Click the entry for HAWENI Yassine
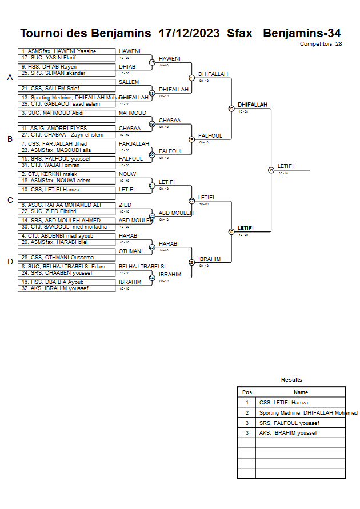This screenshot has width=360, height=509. (x=66, y=51)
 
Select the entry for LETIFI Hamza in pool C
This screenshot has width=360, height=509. (x=66, y=190)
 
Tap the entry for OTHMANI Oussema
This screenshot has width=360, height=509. (x=66, y=258)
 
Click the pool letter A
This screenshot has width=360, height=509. (x=10, y=78)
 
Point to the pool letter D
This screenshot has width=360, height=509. (x=10, y=262)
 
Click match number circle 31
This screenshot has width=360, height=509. (x=271, y=170)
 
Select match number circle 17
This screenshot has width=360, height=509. (x=152, y=62)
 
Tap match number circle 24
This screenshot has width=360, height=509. (x=152, y=278)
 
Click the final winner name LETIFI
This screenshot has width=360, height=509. (x=286, y=166)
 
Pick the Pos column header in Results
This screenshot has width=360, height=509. (x=247, y=392)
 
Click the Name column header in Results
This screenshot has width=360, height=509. (x=301, y=392)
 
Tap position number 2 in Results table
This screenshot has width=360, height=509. (x=247, y=413)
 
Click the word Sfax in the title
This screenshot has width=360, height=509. (x=239, y=33)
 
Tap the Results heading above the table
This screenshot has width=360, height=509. (x=291, y=380)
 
